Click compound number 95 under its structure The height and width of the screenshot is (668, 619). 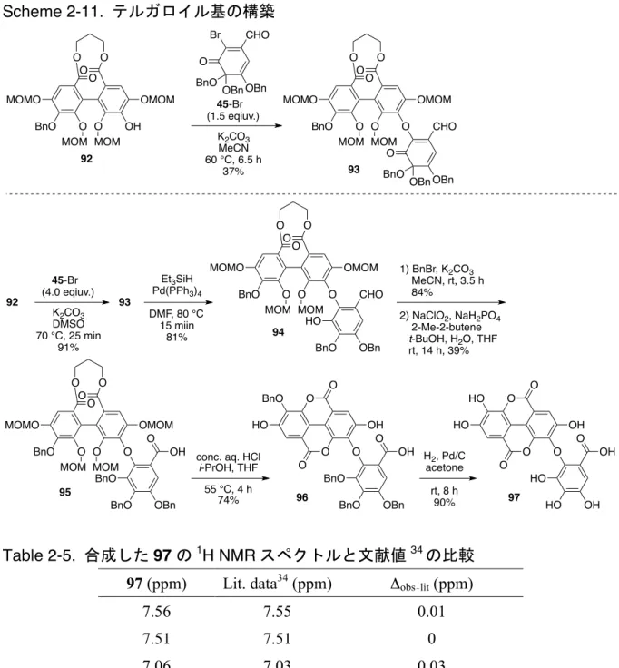click(64, 492)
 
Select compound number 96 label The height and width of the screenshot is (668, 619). click(301, 497)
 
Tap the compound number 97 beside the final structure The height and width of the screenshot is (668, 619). click(514, 497)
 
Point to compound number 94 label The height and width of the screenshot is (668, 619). click(279, 332)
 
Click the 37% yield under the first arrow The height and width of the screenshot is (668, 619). click(233, 172)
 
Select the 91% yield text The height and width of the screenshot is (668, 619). click(68, 348)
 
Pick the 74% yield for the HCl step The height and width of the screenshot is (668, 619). click(228, 500)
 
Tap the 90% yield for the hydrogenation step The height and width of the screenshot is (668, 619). click(444, 503)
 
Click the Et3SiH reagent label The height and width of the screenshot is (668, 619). click(177, 279)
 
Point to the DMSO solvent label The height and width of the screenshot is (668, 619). click(68, 325)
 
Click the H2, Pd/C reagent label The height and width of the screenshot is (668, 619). click(444, 457)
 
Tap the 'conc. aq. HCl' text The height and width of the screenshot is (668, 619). click(228, 457)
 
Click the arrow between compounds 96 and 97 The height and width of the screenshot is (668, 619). click(447, 478)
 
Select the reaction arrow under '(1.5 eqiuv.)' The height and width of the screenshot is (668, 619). click(237, 125)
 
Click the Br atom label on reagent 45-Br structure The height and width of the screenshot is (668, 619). click(216, 34)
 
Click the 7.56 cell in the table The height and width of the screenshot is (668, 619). click(156, 612)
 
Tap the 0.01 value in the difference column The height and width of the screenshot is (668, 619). click(431, 612)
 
